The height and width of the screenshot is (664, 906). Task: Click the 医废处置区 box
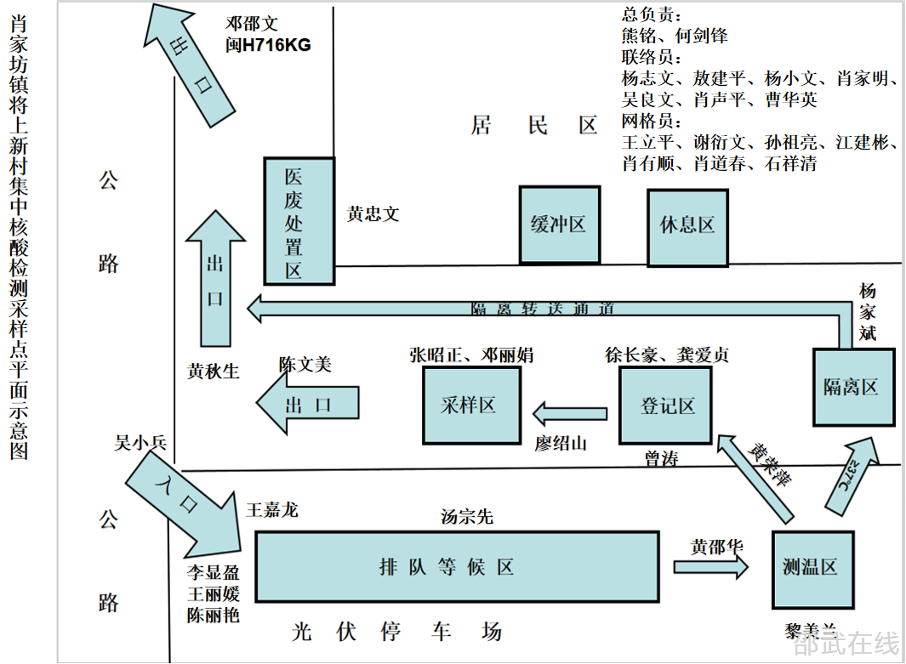point(298,221)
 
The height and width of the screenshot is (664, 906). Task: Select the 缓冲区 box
point(559,225)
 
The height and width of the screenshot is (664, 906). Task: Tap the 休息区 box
point(687,226)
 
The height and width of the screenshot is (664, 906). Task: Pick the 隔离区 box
point(853,387)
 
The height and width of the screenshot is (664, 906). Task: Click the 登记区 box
point(665,406)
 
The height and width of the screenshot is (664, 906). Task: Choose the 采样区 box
point(471,406)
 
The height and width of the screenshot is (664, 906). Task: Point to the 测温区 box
point(811,569)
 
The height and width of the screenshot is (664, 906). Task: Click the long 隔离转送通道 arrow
point(544,310)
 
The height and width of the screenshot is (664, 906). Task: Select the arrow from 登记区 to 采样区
point(569,414)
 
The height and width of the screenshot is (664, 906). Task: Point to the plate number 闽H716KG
point(269,45)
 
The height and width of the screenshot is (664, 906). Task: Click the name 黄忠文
point(373,214)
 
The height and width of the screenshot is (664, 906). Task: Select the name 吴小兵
point(141,442)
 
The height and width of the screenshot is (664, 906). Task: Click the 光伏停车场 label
point(396,632)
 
